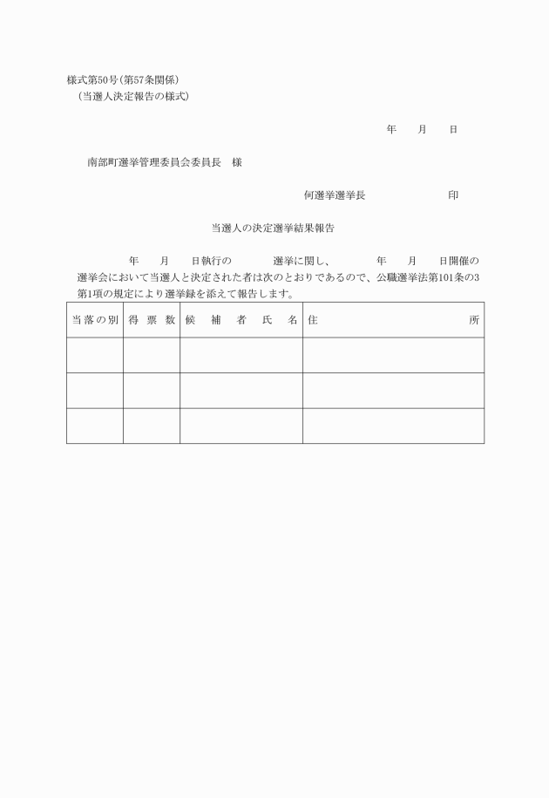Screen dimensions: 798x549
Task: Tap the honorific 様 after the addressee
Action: [237, 162]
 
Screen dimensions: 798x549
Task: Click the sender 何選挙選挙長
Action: [335, 195]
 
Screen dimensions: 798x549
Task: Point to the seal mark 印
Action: [453, 195]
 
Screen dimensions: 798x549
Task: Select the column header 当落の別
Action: [94, 320]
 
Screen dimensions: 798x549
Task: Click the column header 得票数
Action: [152, 320]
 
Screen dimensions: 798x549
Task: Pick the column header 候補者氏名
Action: [241, 320]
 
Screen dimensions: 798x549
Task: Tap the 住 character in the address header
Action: [313, 320]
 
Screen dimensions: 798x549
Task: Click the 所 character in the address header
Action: [474, 320]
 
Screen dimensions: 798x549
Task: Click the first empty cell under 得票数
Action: [152, 355]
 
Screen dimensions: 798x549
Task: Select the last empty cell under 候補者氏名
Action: [241, 426]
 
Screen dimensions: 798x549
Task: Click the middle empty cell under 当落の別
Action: [94, 391]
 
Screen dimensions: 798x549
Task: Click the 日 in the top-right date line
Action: [453, 129]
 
